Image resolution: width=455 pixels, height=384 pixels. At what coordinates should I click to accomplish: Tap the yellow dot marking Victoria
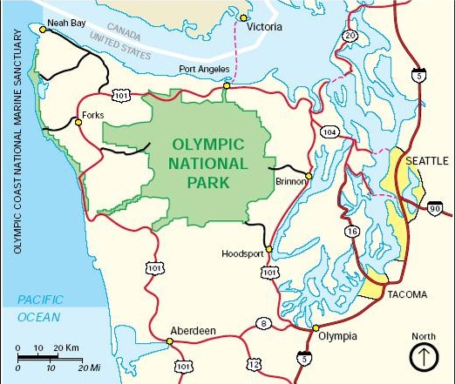(x=244, y=18)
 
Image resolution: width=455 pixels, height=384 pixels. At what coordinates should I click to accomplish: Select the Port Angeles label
(x=205, y=69)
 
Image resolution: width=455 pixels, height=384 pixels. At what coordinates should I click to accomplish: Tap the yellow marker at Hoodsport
(x=269, y=250)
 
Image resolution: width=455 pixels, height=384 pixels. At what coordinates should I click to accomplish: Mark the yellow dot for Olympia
(x=315, y=328)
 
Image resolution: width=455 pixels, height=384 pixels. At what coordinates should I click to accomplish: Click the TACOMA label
(x=407, y=294)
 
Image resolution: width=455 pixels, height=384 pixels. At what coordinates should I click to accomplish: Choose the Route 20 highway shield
(x=350, y=36)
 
